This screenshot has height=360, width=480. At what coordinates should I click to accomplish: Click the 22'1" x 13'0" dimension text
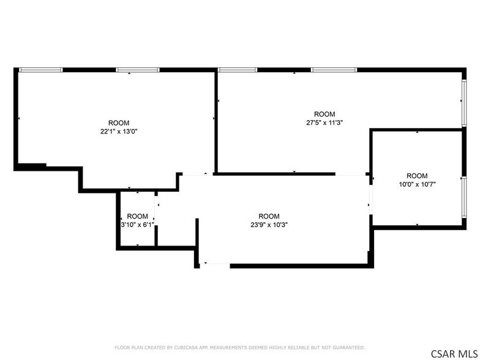(x=119, y=132)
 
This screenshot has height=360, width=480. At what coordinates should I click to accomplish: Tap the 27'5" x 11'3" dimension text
(x=324, y=122)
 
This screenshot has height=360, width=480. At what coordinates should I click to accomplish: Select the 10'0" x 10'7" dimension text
(x=417, y=185)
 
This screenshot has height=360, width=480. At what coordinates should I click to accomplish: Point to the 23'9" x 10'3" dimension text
(x=269, y=225)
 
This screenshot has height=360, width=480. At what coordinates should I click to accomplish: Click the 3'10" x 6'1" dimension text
(x=137, y=225)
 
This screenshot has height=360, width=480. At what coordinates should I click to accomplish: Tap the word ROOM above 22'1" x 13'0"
(x=119, y=123)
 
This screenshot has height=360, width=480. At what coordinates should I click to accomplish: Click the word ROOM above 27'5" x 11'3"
(x=324, y=114)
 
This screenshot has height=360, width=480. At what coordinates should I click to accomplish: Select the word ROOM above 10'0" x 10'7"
(x=417, y=176)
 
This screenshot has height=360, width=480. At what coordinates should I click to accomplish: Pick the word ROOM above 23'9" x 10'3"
(x=269, y=216)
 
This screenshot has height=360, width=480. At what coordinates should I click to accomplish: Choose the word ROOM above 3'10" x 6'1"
(x=137, y=216)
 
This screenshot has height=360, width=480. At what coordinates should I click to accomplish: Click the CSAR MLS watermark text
(x=454, y=354)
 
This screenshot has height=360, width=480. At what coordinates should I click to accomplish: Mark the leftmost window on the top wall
(x=40, y=70)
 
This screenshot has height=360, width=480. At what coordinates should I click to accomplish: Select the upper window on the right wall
(x=464, y=103)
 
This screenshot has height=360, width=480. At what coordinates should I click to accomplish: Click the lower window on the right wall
(x=464, y=197)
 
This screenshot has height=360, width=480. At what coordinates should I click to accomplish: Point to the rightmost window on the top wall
(x=334, y=70)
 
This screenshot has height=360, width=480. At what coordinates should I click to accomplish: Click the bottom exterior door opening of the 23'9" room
(x=215, y=263)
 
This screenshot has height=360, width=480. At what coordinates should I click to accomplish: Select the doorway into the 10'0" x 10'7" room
(x=371, y=200)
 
